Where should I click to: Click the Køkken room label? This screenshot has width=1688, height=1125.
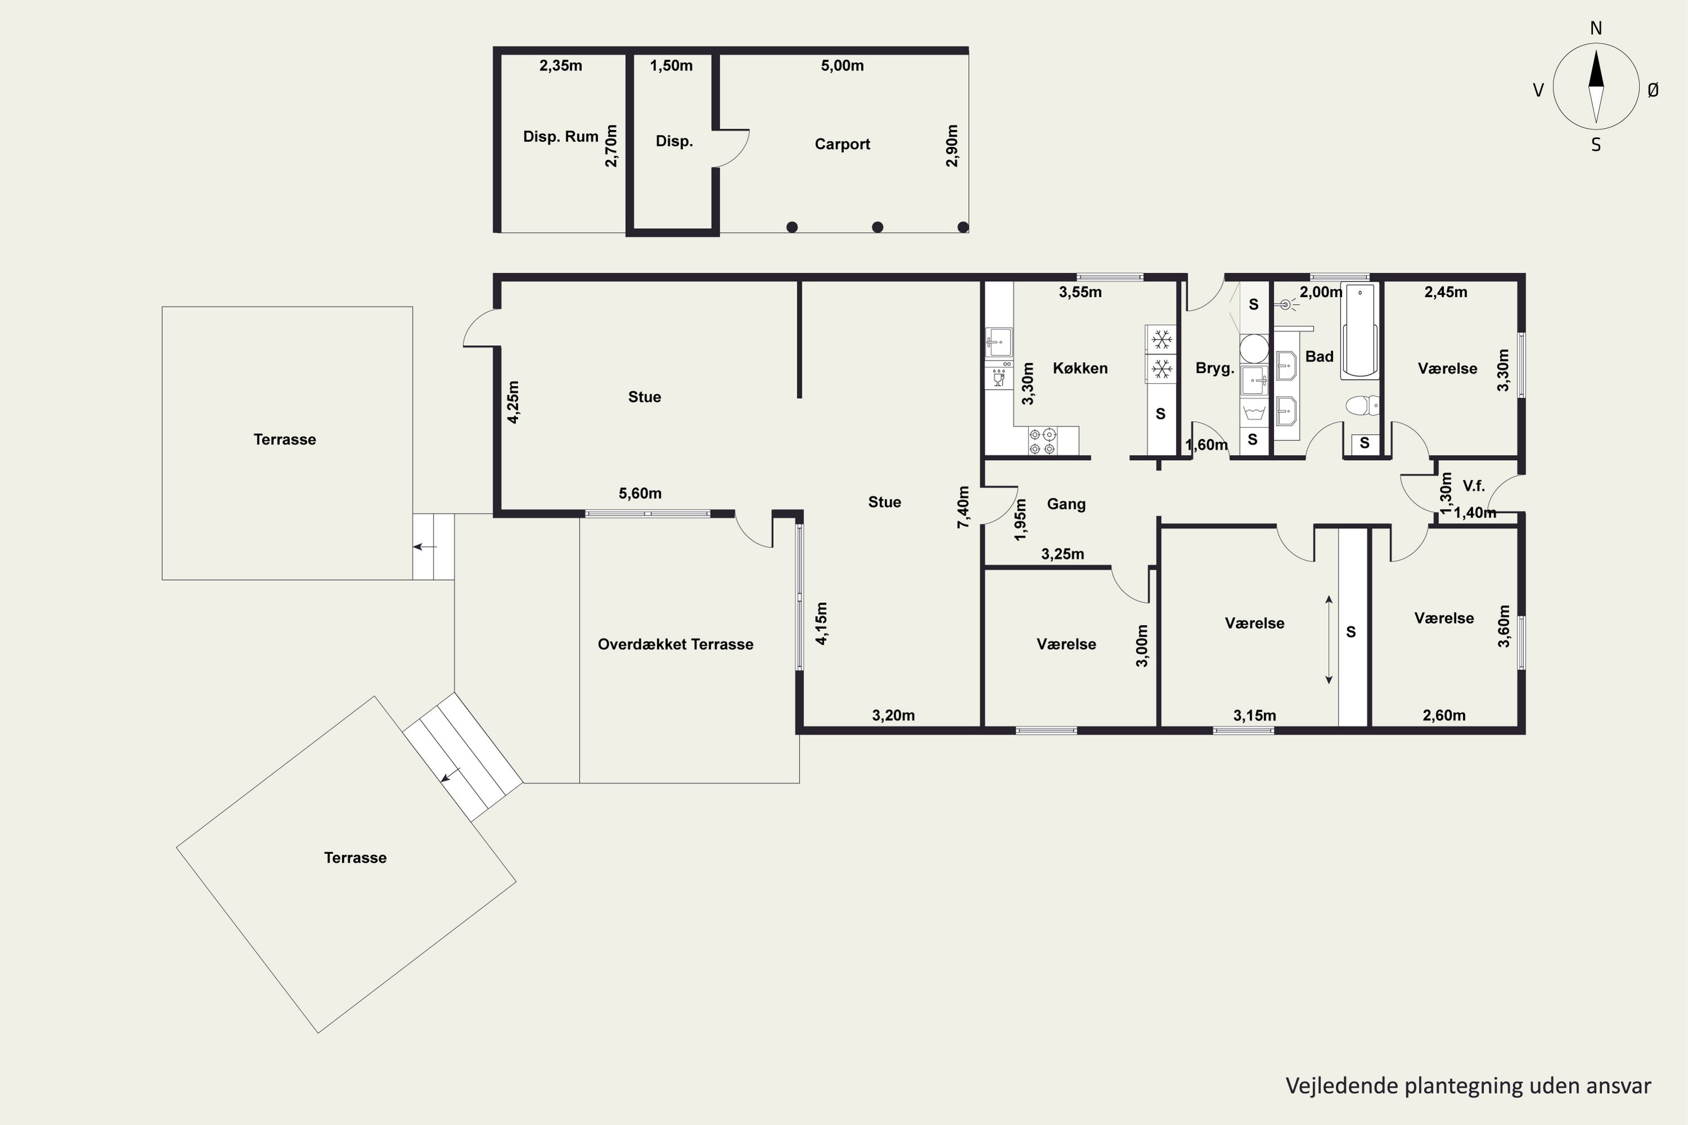(1080, 368)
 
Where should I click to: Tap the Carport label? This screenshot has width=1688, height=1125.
(842, 144)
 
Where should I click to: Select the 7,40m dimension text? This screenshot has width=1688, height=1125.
(963, 507)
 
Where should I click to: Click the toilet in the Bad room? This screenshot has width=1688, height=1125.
(1362, 406)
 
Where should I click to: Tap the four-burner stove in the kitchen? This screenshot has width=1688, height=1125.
(1042, 441)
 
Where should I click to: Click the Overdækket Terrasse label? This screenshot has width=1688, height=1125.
(675, 644)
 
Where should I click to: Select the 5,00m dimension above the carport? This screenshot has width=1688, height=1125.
(842, 66)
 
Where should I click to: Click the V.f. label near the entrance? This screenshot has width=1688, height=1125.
(1474, 486)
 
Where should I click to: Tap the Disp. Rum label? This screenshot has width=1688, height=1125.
(560, 136)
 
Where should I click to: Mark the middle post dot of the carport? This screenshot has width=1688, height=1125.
(877, 227)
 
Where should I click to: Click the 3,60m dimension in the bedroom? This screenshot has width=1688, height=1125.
(1503, 627)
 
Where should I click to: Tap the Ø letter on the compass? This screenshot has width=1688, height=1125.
(1653, 89)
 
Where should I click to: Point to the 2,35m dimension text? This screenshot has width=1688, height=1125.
(560, 66)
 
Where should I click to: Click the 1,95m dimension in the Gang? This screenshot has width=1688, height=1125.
(1020, 519)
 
